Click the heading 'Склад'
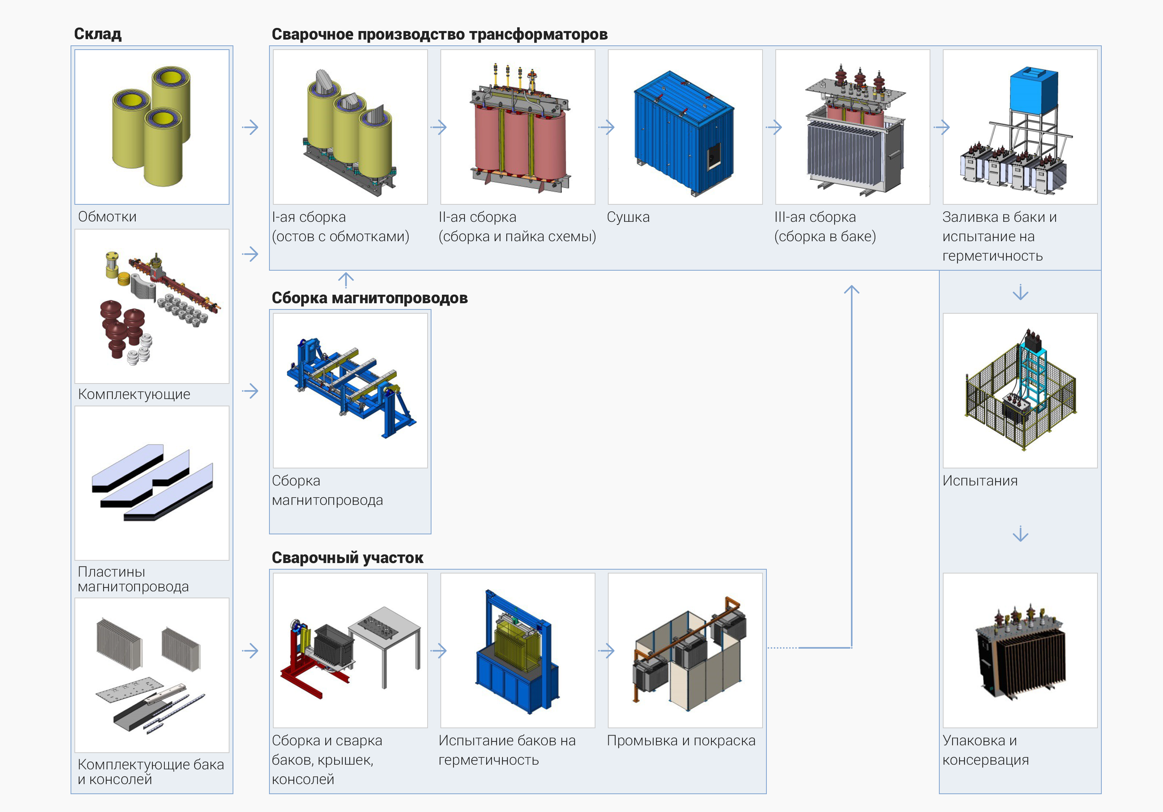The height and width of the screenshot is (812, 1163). [98, 34]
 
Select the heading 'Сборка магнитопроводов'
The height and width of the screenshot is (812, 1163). [369, 298]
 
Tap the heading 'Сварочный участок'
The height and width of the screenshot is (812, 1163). [347, 558]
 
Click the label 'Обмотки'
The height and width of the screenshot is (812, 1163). [107, 217]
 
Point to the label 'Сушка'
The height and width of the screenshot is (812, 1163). [628, 217]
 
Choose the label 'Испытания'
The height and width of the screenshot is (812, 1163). [980, 481]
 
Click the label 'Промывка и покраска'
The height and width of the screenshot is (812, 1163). [681, 741]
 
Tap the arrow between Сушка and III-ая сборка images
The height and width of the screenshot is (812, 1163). [773, 127]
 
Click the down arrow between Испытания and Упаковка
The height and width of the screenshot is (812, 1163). [1020, 534]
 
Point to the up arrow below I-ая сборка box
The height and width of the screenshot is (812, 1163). [346, 280]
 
